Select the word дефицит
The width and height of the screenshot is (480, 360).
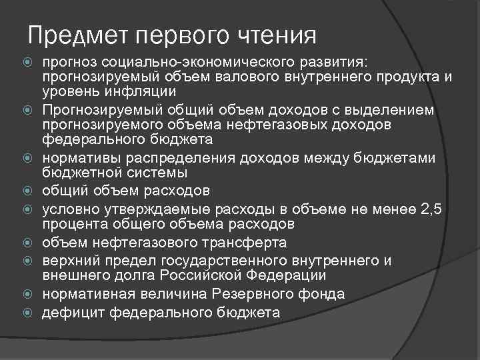73,312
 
